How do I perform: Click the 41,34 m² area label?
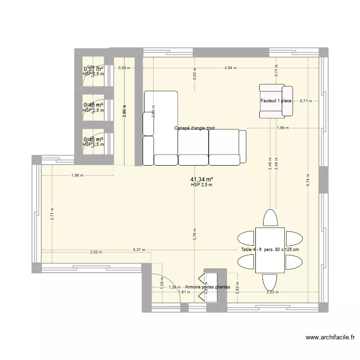[x=201, y=179]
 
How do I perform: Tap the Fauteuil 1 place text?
[x=276, y=101]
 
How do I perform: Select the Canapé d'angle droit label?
[x=194, y=128]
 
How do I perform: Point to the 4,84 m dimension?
[x=230, y=68]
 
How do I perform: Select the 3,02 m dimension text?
[x=96, y=252]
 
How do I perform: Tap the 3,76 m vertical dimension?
[x=194, y=233]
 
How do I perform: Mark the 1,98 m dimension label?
[x=77, y=175]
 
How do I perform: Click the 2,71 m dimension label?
[x=52, y=213]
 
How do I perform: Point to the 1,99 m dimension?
[x=283, y=128]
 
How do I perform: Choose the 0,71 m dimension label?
[x=306, y=101]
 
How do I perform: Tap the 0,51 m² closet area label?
[x=94, y=69]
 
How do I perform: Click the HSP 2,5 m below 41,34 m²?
[x=201, y=185]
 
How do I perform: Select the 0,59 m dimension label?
[x=124, y=68]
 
